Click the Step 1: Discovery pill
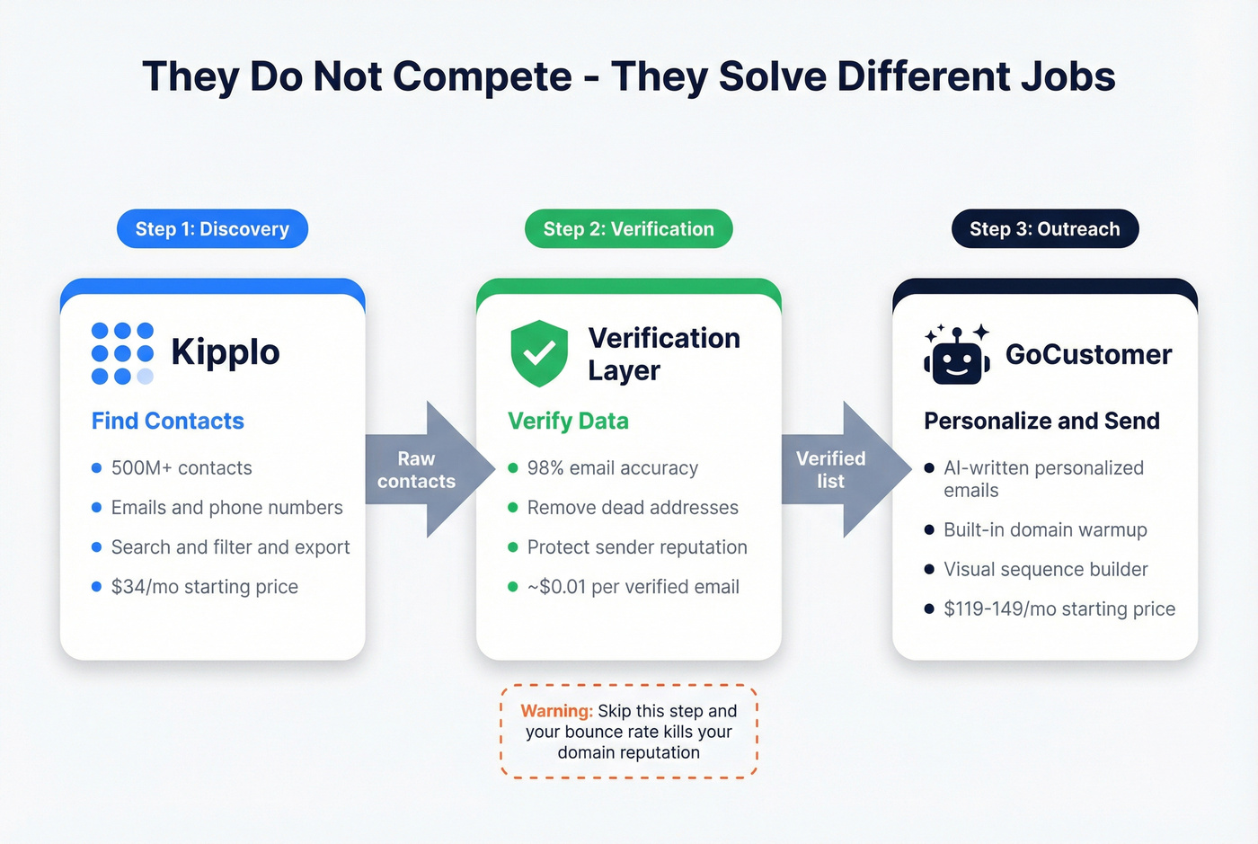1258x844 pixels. pyautogui.click(x=212, y=229)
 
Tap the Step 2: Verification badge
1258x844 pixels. pyautogui.click(x=628, y=229)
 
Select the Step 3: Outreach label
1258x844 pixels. pyautogui.click(x=1044, y=229)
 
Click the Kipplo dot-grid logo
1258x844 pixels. pyautogui.click(x=122, y=353)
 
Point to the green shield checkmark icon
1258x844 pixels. pyautogui.click(x=539, y=353)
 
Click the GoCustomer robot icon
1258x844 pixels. pyautogui.click(x=957, y=355)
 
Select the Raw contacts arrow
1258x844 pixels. pyautogui.click(x=422, y=470)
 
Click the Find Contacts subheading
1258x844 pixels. pyautogui.click(x=168, y=421)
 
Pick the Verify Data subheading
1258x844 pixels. pyautogui.click(x=568, y=421)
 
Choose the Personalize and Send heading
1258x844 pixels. pyautogui.click(x=1041, y=421)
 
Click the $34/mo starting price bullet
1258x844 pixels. pyautogui.click(x=204, y=587)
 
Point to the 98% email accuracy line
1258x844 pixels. pyautogui.click(x=612, y=468)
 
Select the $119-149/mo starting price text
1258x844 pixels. pyautogui.click(x=1059, y=609)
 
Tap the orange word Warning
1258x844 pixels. pyautogui.click(x=556, y=711)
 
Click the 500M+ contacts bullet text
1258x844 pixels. pyautogui.click(x=182, y=468)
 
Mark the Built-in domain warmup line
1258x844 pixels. pyautogui.click(x=1045, y=530)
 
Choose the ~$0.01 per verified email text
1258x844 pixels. pyautogui.click(x=633, y=587)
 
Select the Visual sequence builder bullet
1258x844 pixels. pyautogui.click(x=1045, y=570)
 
